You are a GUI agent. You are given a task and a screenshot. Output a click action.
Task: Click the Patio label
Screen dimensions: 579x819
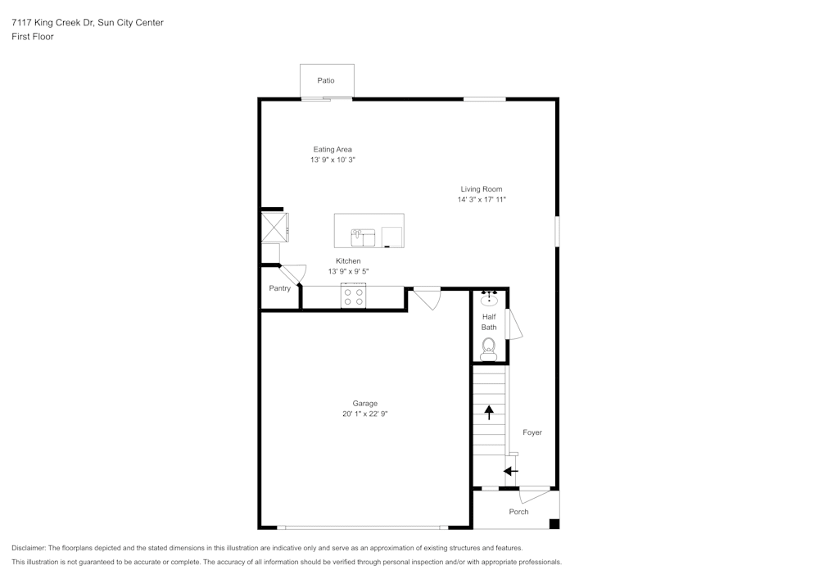(x=326, y=80)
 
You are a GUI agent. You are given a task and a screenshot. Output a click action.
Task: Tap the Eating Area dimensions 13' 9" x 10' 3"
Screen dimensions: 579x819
(x=333, y=161)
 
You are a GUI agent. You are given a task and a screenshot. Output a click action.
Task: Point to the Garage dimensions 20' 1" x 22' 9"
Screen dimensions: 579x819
(x=364, y=414)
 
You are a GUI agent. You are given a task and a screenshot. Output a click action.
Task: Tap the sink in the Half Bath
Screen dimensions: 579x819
(x=489, y=299)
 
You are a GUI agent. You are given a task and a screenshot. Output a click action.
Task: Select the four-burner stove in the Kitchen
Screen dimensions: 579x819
(x=354, y=296)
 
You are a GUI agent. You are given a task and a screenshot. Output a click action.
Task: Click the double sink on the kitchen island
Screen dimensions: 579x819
(x=363, y=237)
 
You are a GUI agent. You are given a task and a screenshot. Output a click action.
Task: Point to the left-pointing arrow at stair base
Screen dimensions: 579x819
(x=510, y=471)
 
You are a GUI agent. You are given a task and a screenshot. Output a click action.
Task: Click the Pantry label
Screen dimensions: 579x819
(x=280, y=288)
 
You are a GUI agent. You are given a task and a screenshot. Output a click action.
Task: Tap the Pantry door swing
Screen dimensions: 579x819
(x=293, y=274)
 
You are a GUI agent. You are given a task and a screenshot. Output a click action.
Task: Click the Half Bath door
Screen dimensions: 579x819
(x=514, y=324)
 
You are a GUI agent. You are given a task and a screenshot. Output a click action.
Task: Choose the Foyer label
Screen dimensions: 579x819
(x=532, y=432)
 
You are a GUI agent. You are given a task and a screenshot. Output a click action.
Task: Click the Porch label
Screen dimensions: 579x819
(x=518, y=512)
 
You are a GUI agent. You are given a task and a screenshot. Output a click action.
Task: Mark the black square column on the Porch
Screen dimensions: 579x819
(x=554, y=524)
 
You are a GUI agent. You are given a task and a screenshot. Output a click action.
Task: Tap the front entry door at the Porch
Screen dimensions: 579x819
(x=535, y=494)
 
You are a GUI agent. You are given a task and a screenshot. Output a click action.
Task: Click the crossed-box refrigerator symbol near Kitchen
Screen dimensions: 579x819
(x=274, y=227)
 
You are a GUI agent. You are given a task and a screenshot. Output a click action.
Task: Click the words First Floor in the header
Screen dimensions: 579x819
(x=33, y=37)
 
